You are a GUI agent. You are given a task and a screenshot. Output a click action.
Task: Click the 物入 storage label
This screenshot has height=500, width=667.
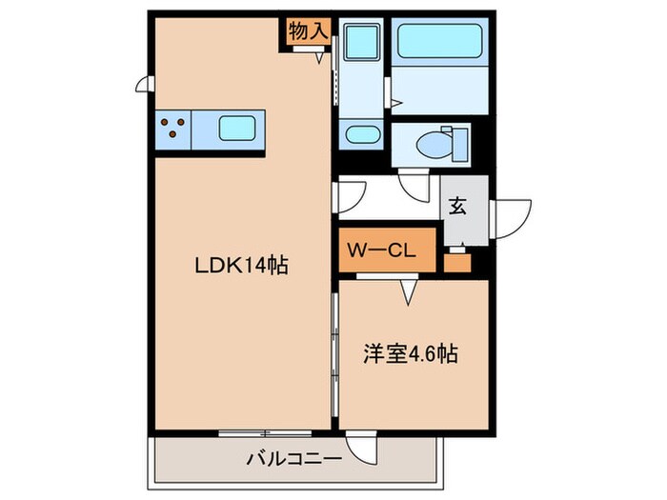point(306,30)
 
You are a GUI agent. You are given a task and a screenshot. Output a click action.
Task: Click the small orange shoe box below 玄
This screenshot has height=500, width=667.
point(458,259)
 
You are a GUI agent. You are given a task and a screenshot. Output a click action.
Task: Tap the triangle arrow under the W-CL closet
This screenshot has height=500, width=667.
point(411,291)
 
